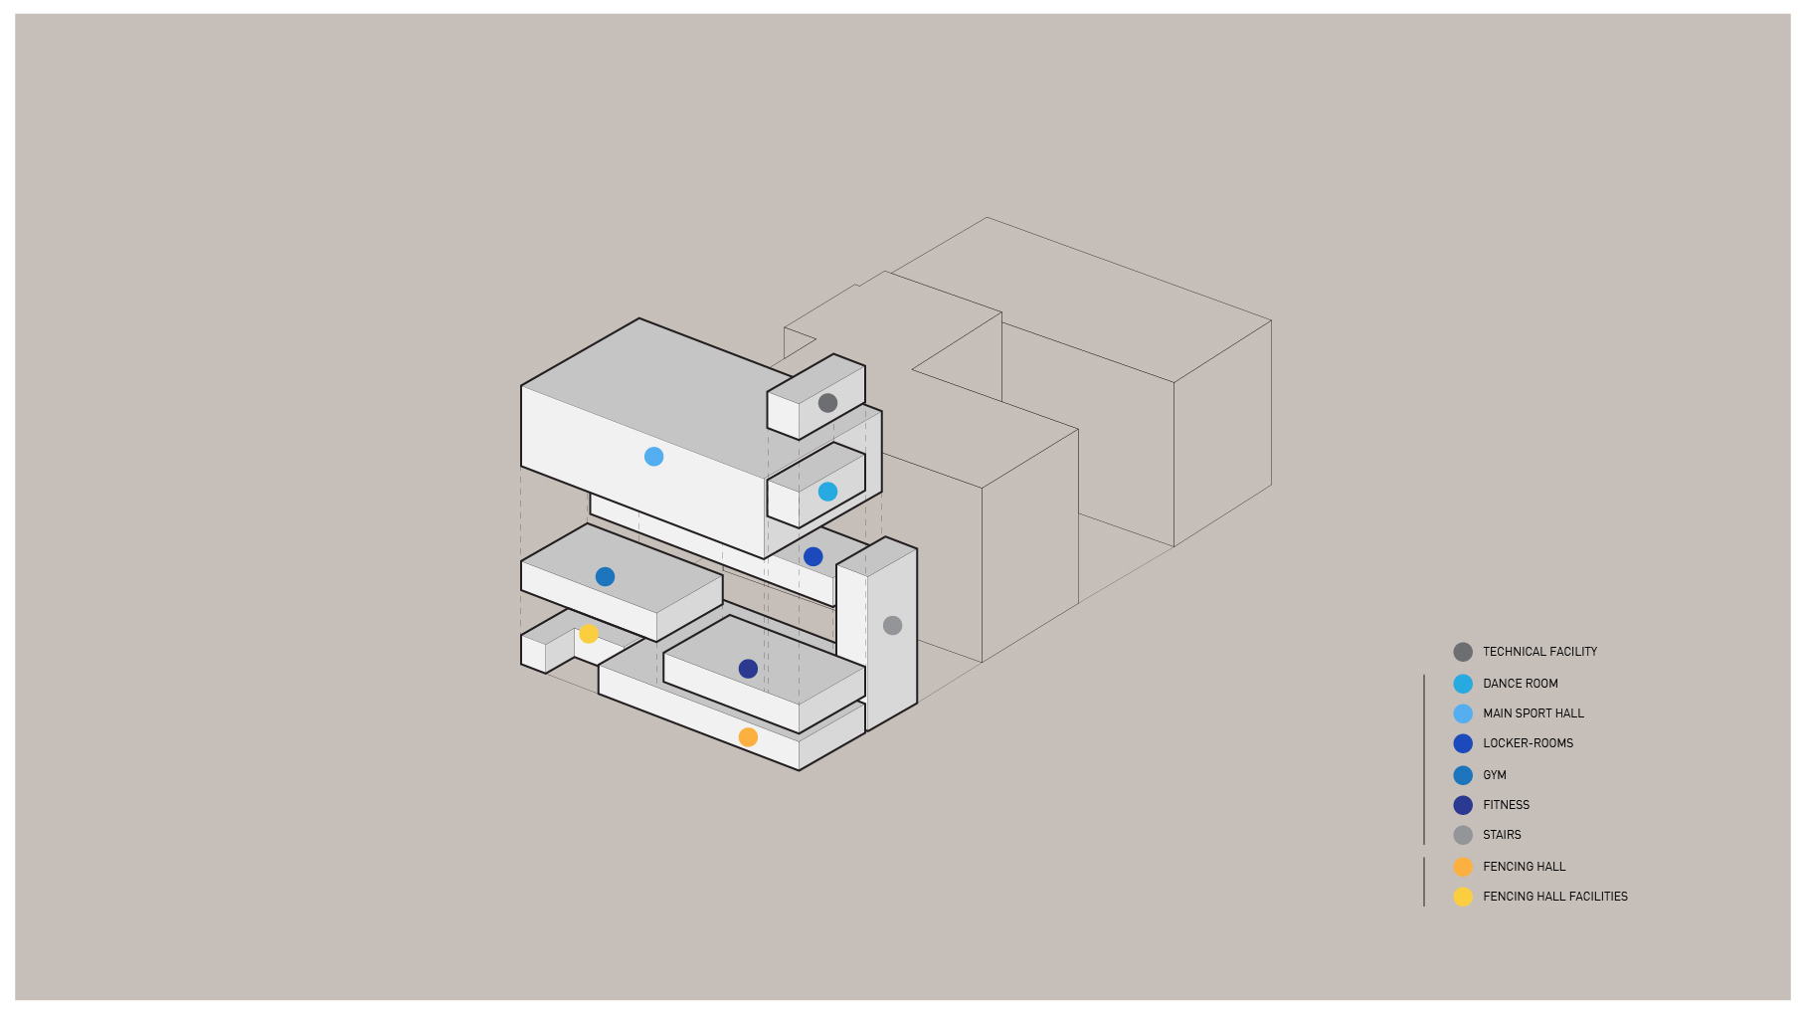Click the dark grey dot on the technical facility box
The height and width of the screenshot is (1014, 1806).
pyautogui.click(x=827, y=403)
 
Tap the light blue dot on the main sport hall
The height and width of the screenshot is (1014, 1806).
pyautogui.click(x=653, y=457)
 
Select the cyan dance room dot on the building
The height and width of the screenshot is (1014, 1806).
pyautogui.click(x=827, y=492)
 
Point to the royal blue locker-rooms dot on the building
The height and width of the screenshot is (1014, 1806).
pyautogui.click(x=813, y=557)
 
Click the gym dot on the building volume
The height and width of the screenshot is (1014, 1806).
pyautogui.click(x=605, y=577)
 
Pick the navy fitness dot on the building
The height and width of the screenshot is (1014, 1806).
pyautogui.click(x=748, y=670)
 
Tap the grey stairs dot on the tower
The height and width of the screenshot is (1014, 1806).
pyautogui.click(x=892, y=626)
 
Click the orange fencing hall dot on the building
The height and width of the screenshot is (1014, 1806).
pyautogui.click(x=748, y=737)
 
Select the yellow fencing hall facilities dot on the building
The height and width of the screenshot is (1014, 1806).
pyautogui.click(x=589, y=634)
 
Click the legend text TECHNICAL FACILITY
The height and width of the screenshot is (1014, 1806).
pyautogui.click(x=1539, y=652)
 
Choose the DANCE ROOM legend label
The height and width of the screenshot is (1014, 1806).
pyautogui.click(x=1520, y=684)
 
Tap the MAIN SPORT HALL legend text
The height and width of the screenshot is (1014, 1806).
pyautogui.click(x=1534, y=713)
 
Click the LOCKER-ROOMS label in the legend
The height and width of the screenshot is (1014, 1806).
pyautogui.click(x=1528, y=743)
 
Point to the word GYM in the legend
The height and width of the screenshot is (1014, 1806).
pyautogui.click(x=1494, y=775)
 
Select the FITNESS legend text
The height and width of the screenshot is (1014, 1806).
pyautogui.click(x=1506, y=805)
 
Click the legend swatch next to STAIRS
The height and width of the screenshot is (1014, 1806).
pyautogui.click(x=1463, y=836)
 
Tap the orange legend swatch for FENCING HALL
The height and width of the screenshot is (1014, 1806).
pyautogui.click(x=1463, y=867)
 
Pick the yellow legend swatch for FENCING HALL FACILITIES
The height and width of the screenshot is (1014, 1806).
pyautogui.click(x=1463, y=898)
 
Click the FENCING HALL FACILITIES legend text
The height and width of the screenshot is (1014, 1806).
pyautogui.click(x=1555, y=897)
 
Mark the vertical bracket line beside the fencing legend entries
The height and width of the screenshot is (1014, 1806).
pyautogui.click(x=1424, y=882)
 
